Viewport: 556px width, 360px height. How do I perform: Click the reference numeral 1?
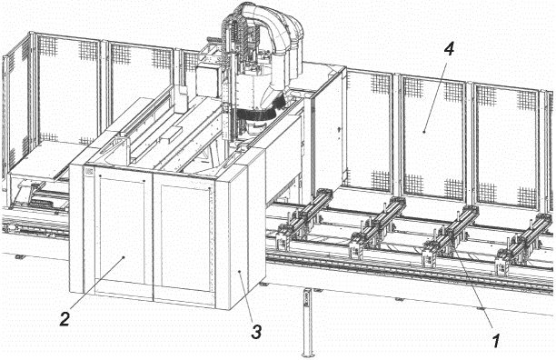[496, 340]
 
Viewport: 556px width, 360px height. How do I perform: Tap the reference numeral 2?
[65, 319]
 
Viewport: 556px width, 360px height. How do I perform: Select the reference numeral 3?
[256, 332]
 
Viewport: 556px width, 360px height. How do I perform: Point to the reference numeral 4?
[449, 49]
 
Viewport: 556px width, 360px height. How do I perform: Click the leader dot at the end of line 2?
[124, 257]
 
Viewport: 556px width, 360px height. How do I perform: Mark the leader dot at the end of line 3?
[240, 271]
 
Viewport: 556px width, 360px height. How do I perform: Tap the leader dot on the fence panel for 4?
[424, 132]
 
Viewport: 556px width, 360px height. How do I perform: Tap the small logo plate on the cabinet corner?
[88, 172]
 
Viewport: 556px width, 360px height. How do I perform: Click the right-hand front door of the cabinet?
[184, 241]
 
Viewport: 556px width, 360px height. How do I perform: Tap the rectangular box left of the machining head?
[208, 82]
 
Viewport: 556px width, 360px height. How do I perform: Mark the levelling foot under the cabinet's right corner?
[263, 285]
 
